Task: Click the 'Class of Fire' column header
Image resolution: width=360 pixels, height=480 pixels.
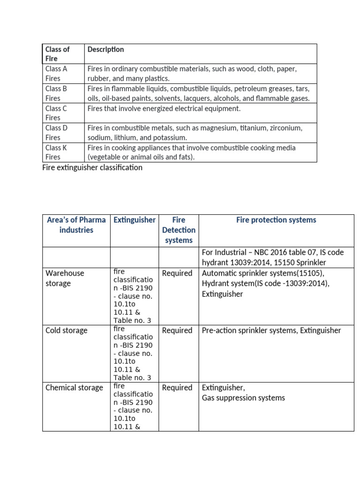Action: click(57, 54)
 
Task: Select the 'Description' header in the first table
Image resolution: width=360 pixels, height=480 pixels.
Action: click(105, 49)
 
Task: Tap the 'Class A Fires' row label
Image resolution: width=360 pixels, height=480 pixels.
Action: click(56, 74)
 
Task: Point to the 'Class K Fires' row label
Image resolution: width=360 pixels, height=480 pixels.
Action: click(56, 152)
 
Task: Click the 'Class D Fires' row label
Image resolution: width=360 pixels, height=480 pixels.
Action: click(56, 133)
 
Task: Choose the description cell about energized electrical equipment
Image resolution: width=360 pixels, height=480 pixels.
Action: click(164, 108)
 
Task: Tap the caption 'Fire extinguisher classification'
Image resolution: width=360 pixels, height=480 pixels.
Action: click(92, 167)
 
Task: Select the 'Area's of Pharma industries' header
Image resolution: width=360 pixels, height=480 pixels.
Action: click(76, 225)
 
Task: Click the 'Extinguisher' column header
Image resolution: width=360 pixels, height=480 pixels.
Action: click(135, 220)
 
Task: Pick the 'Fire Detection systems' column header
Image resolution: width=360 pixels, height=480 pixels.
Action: click(179, 230)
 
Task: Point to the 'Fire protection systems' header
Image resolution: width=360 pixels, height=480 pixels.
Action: click(276, 220)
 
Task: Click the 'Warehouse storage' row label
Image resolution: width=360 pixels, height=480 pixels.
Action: click(65, 278)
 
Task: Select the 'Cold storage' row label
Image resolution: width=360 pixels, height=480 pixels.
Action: click(66, 330)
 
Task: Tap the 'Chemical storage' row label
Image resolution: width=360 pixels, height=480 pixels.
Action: click(74, 388)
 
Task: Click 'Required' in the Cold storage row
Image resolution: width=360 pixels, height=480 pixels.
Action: click(177, 330)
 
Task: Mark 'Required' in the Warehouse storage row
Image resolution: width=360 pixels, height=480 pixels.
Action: click(177, 273)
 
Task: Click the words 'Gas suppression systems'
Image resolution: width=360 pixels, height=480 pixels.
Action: click(243, 398)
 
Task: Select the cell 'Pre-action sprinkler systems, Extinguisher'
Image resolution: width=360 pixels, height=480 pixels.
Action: click(271, 330)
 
